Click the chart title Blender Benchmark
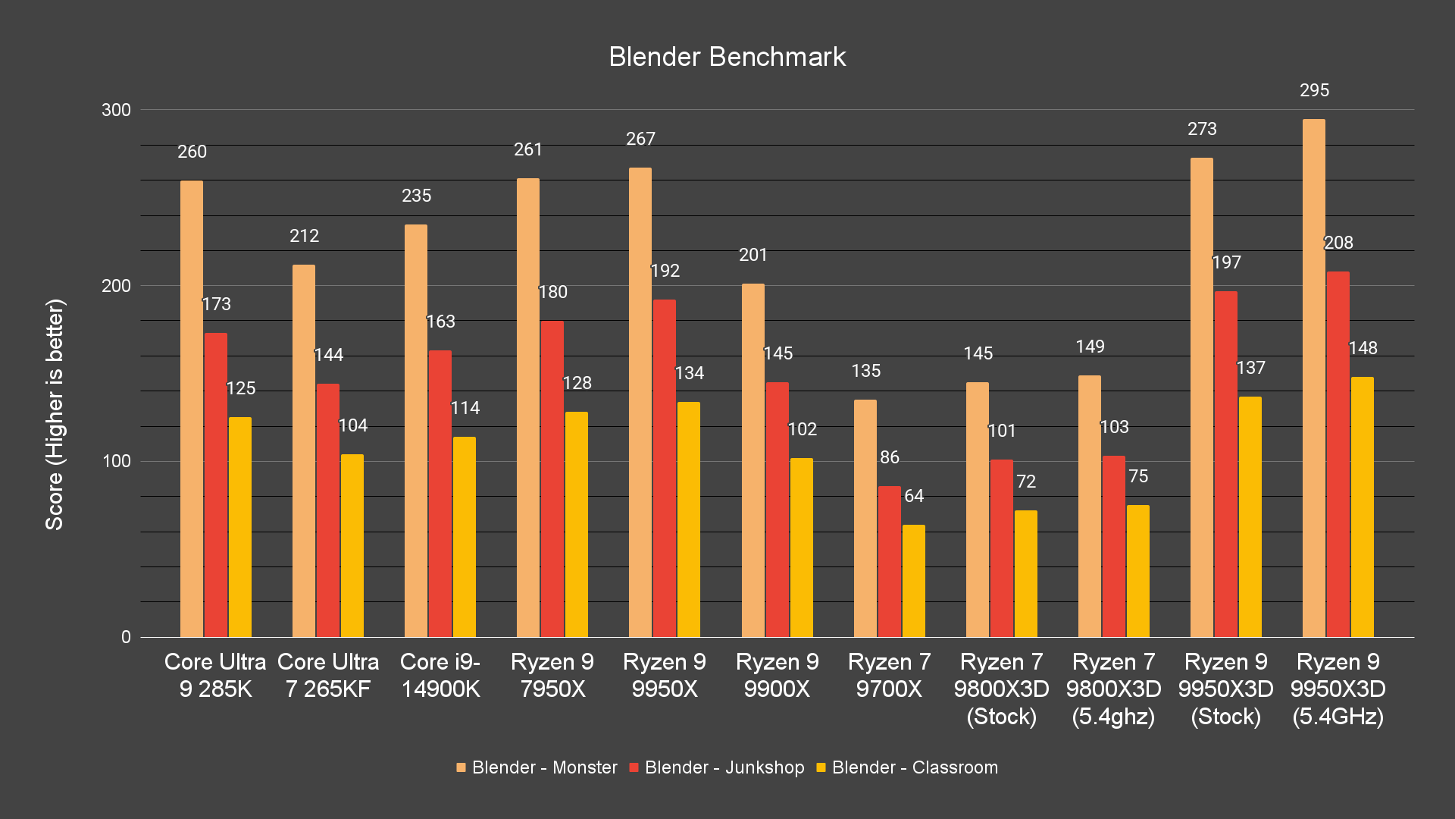tap(727, 57)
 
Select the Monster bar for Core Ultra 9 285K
tap(192, 409)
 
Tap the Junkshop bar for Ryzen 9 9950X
tap(665, 468)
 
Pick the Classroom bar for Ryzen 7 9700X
tap(913, 581)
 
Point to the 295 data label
tap(1314, 90)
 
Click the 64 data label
tap(914, 496)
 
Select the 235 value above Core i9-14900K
tap(416, 196)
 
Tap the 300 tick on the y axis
tap(117, 110)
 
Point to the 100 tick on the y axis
tap(117, 461)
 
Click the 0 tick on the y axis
tap(126, 637)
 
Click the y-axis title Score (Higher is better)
tap(55, 414)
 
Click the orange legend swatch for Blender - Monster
tap(461, 767)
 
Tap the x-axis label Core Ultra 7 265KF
tap(328, 675)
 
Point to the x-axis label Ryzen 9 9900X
tap(777, 675)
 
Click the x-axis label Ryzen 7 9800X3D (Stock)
tap(1001, 689)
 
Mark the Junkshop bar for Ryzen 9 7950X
tap(552, 479)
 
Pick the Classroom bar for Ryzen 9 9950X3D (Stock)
tap(1250, 516)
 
